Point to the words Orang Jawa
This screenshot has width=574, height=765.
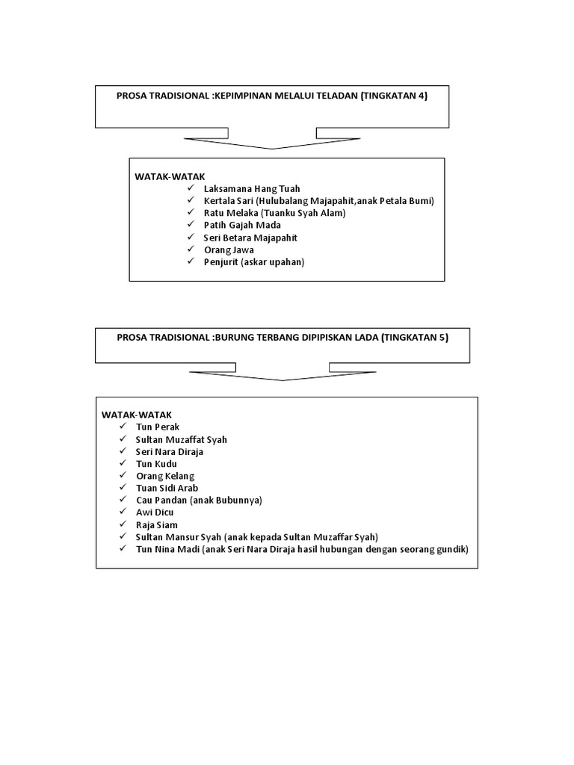229,250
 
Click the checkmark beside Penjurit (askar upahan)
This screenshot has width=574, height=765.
191,261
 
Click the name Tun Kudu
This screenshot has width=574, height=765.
156,463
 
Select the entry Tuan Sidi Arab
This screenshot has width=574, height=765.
167,488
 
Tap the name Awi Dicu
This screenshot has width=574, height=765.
155,512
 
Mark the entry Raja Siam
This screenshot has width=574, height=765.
156,524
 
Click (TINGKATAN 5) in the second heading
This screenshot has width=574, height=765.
414,338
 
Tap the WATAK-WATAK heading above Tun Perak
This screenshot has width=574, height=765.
131,414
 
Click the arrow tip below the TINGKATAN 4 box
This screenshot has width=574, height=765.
272,148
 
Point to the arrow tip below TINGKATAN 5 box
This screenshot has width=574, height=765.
283,380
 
